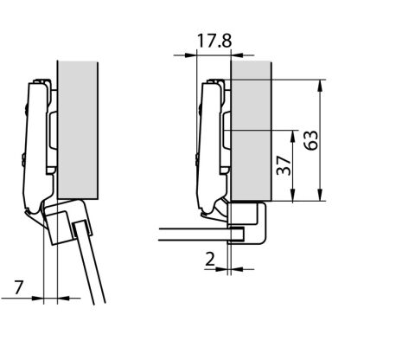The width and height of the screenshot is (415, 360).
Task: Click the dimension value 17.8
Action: click(214, 41)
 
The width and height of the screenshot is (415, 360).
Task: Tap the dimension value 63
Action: click(311, 140)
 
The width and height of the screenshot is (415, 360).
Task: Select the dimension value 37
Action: click(284, 165)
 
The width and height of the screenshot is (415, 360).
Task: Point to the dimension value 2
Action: click(210, 259)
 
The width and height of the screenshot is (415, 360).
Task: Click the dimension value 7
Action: click(19, 287)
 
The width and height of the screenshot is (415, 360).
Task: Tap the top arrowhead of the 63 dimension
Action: click(320, 86)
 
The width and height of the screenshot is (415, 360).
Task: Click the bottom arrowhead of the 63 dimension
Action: click(320, 195)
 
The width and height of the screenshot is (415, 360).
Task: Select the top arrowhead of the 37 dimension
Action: click(293, 136)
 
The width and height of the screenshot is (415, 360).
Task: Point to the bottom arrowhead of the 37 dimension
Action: click(293, 195)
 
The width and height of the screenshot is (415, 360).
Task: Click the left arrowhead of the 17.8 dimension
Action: click(190, 55)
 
